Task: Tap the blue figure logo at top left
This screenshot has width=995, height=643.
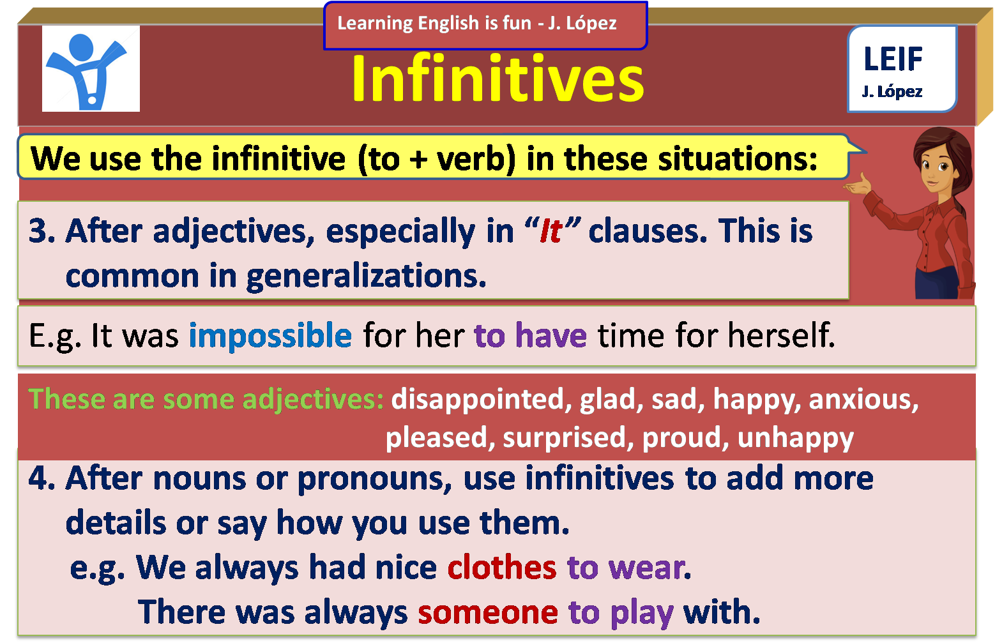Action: [x=90, y=69]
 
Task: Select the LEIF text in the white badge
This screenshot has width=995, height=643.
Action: [x=893, y=59]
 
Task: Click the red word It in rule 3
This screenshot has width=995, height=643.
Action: [x=551, y=231]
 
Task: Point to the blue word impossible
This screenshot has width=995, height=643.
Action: [x=270, y=336]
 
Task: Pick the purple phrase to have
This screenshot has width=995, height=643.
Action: [x=530, y=336]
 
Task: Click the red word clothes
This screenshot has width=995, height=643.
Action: [x=502, y=567]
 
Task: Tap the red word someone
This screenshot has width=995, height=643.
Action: [x=488, y=612]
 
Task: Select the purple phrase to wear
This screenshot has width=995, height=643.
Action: [x=625, y=567]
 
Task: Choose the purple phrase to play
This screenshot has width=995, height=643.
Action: [x=620, y=612]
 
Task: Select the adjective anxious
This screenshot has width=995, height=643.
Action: [x=863, y=399]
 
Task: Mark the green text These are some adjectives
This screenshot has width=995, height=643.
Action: [x=206, y=399]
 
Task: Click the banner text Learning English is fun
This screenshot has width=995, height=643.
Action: [x=434, y=24]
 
